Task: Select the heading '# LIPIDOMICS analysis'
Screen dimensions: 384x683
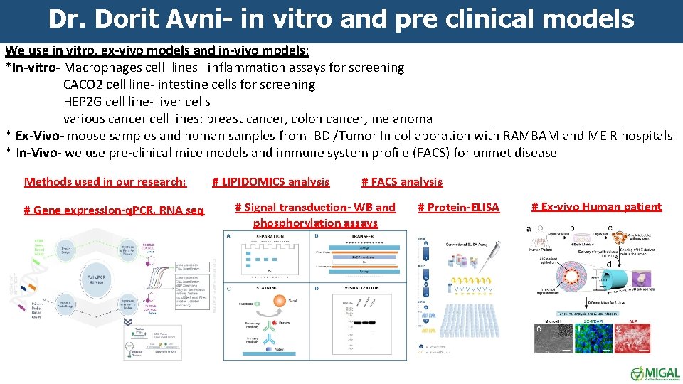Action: tap(271, 182)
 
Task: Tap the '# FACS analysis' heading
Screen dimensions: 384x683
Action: tap(402, 182)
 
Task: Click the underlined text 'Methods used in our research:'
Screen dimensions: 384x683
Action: tap(105, 182)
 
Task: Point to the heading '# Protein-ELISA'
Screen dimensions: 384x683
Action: tap(458, 208)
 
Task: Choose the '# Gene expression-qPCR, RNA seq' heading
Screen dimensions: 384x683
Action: tap(114, 210)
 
